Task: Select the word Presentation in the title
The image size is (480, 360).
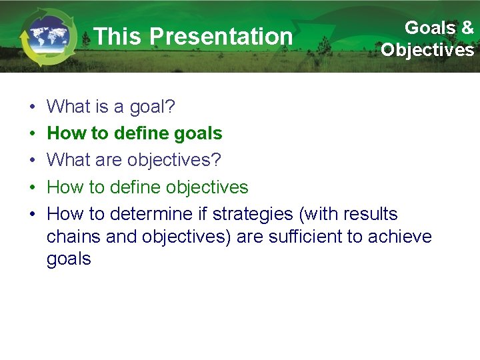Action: [221, 37]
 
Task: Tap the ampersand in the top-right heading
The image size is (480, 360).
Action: [467, 28]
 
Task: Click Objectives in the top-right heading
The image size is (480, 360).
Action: [427, 50]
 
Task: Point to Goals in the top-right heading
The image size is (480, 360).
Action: [430, 28]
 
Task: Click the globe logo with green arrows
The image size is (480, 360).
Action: [45, 37]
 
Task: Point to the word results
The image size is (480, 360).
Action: [370, 214]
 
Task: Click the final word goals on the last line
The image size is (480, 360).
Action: [69, 259]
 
